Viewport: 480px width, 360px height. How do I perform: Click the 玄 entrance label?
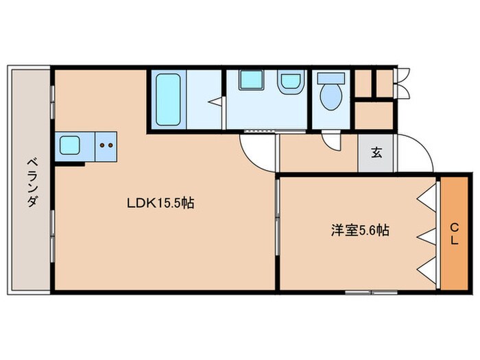coord(376,152)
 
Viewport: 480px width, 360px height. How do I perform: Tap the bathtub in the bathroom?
coord(167,100)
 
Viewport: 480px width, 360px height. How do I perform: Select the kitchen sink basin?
coord(71,145)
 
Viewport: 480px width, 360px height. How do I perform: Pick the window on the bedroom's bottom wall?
coord(370,291)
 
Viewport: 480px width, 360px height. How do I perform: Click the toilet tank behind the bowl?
coord(331,78)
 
